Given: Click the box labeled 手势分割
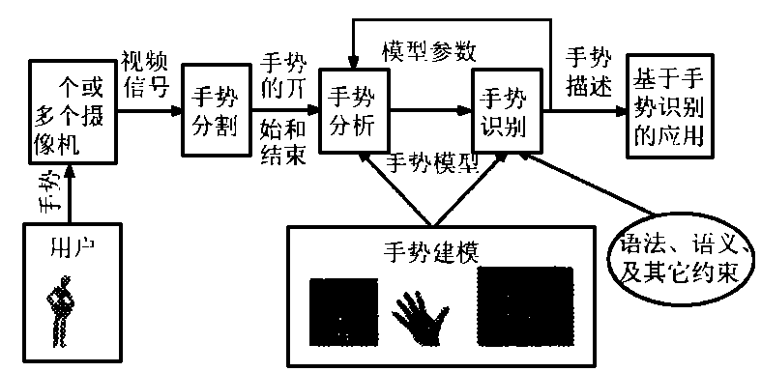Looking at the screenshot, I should pyautogui.click(x=210, y=112).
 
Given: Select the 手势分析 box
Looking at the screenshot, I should pyautogui.click(x=353, y=111).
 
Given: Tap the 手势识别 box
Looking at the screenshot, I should pyautogui.click(x=504, y=112).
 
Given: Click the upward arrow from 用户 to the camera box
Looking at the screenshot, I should pyautogui.click(x=66, y=193).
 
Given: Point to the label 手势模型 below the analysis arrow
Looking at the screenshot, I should pyautogui.click(x=429, y=161).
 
